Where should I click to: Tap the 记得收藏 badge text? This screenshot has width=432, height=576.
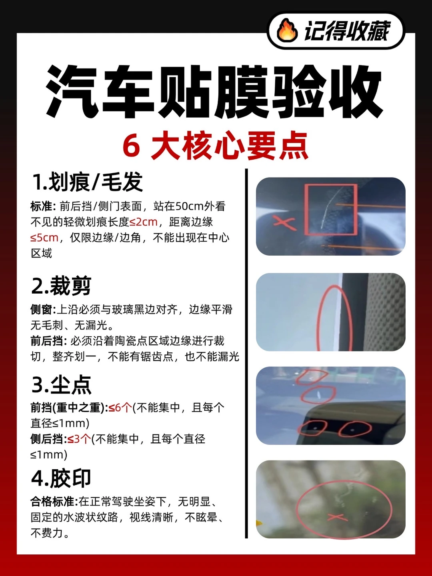(347, 31)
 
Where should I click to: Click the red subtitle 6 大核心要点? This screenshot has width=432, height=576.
(216, 145)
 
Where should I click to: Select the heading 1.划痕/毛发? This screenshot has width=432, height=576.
(87, 182)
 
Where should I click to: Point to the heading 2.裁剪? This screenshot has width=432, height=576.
(61, 286)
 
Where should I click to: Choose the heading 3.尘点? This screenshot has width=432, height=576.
(61, 385)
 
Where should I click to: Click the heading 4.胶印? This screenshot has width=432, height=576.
(61, 478)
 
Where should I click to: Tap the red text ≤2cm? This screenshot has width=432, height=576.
(144, 222)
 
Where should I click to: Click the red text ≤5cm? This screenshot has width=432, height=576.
(44, 238)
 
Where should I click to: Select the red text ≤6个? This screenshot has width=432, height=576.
(120, 408)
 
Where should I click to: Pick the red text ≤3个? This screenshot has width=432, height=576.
(79, 439)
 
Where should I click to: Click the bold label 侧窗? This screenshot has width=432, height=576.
(43, 310)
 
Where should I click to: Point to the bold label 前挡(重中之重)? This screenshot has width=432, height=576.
(69, 408)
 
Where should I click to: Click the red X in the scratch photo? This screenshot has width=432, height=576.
(284, 222)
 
